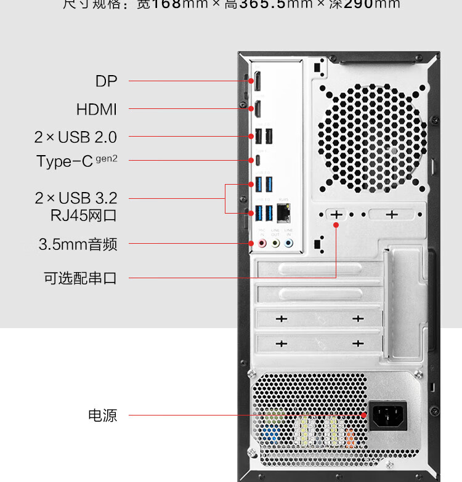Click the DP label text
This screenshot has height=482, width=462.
click(106, 81)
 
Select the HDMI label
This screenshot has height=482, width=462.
click(96, 110)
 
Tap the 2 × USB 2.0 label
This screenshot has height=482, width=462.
click(76, 137)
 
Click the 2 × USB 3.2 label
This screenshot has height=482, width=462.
click(76, 198)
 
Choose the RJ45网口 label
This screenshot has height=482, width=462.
click(83, 215)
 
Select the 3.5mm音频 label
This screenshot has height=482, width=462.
click(78, 244)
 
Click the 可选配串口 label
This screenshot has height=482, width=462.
click(80, 278)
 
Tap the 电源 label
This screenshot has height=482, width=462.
click(102, 416)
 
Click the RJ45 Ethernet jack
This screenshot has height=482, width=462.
click(284, 213)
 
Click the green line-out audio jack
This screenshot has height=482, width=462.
click(275, 244)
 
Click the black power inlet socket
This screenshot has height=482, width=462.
click(388, 416)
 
